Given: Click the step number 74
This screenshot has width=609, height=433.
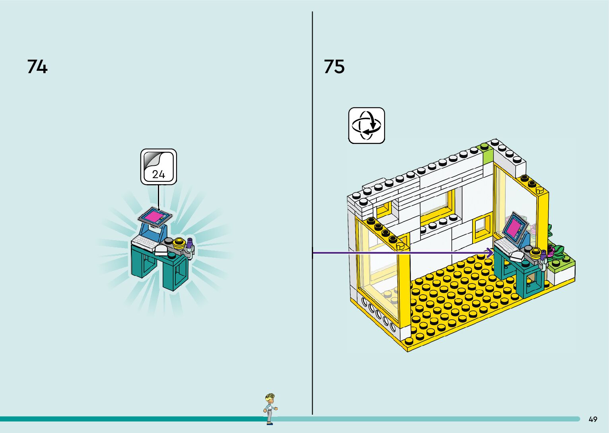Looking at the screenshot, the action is coord(37,66).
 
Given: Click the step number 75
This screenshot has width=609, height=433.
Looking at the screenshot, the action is coord(334,66).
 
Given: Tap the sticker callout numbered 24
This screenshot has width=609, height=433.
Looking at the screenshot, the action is coord(159,167).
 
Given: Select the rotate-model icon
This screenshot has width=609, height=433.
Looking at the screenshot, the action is coord(366,125).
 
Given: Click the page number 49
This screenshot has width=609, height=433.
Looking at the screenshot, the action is coord(593,419).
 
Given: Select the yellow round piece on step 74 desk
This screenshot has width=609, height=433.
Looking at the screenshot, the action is coord(179,242).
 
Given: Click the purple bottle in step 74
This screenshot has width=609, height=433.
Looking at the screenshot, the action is coord(190,242).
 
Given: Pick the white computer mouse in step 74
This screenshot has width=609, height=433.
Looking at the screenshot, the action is coord(162,250).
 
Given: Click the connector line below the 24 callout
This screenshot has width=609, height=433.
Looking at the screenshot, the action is coord(159,197).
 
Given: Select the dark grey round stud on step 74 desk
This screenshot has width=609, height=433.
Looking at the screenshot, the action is coord(169,241).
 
